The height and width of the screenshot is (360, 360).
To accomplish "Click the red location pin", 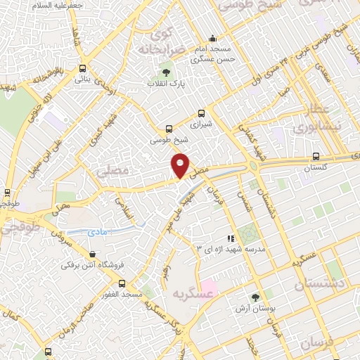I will pyautogui.click(x=181, y=165).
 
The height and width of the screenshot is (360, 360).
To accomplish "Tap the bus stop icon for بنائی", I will pyautogui.click(x=83, y=69).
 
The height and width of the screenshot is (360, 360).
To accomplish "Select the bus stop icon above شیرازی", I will pyautogui.click(x=202, y=113).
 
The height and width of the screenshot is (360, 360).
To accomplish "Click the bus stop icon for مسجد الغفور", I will pyautogui.click(x=122, y=284).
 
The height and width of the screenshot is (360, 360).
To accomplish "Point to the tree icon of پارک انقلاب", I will pyautogui.click(x=167, y=72).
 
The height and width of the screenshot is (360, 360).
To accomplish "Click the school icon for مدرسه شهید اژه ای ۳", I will pyautogui.click(x=230, y=239).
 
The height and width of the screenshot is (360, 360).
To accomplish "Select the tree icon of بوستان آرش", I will pyautogui.click(x=255, y=298).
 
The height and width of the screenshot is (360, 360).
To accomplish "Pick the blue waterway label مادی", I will pyautogui.click(x=98, y=231).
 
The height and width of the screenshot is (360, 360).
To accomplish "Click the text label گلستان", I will pyautogui.click(x=315, y=168).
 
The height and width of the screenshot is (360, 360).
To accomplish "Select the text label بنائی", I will pyautogui.click(x=83, y=80).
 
